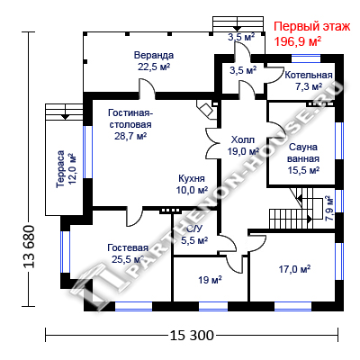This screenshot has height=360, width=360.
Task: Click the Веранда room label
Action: (x=154, y=56)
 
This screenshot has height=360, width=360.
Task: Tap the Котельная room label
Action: (x=309, y=75)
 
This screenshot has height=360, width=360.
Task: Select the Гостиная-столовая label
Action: (x=130, y=119)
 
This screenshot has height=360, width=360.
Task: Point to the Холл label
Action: (x=243, y=139)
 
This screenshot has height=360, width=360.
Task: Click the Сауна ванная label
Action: (x=303, y=153)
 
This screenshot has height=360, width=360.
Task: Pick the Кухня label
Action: (x=192, y=178)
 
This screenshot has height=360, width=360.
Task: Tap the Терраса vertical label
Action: (x=60, y=169)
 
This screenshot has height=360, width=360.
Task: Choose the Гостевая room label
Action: (x=128, y=248)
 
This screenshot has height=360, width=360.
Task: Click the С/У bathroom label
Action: (x=194, y=229)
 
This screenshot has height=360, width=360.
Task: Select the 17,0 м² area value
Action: (x=294, y=269)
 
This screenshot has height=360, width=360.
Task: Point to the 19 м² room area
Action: (x=210, y=280)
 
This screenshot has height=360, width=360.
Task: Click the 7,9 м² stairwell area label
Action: (x=329, y=209)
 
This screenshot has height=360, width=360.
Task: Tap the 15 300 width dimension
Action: (x=192, y=335)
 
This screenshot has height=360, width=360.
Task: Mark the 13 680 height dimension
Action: (x=29, y=247)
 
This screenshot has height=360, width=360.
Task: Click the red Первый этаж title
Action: (x=312, y=27)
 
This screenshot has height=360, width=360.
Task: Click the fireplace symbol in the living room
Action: (x=206, y=109)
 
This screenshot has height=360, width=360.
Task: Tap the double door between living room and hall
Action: (x=213, y=141)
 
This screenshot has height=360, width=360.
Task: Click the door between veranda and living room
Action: (x=147, y=89)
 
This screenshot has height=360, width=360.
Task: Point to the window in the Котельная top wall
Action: (x=306, y=58)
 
